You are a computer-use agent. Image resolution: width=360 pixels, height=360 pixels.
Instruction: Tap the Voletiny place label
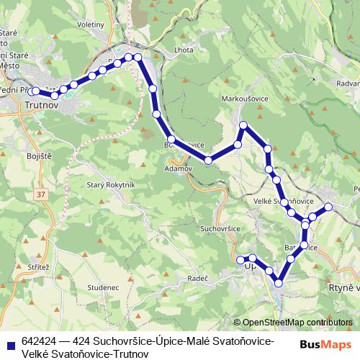(x=90, y=24)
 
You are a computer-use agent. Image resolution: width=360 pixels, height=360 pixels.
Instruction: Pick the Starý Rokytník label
(x=111, y=185)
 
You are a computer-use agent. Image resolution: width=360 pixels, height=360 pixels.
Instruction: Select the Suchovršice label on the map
(x=220, y=228)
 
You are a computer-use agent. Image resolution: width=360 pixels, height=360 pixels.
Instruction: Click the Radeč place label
(x=197, y=277)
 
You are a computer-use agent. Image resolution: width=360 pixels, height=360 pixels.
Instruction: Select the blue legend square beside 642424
(x=9, y=342)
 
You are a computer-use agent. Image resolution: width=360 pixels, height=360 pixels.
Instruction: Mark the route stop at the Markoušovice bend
(x=243, y=125)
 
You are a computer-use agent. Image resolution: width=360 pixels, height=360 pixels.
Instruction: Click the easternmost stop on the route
(x=328, y=207)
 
